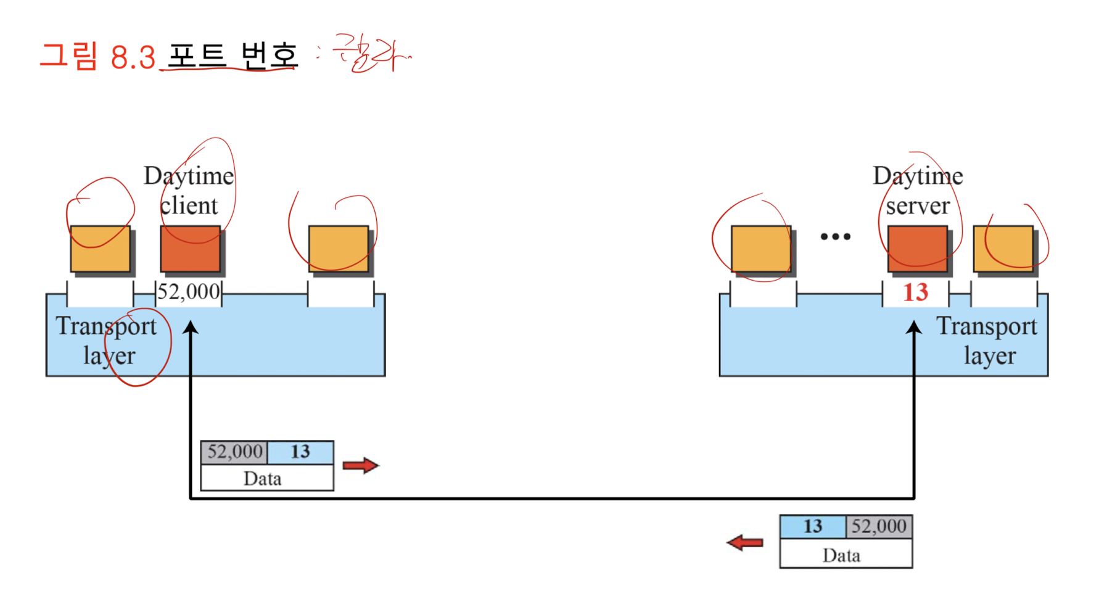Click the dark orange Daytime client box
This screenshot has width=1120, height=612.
(x=190, y=249)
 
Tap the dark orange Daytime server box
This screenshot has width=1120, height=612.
(x=917, y=249)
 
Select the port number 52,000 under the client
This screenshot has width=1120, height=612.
(x=189, y=292)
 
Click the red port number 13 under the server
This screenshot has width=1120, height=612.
(x=915, y=292)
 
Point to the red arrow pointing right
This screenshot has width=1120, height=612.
(x=361, y=465)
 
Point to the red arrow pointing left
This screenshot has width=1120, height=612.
(x=745, y=543)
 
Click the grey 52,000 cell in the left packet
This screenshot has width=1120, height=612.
(x=234, y=452)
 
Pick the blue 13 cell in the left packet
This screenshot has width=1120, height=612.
(x=300, y=452)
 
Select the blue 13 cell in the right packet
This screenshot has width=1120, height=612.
(x=812, y=527)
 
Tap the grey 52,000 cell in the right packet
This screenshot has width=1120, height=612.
(x=878, y=527)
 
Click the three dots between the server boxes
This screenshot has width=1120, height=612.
(x=836, y=236)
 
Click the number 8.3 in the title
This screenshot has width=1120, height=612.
(x=133, y=58)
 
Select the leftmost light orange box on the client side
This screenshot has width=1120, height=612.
(x=100, y=249)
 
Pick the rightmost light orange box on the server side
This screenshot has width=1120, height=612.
(x=1003, y=249)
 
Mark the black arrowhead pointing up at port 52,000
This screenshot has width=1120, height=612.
(x=191, y=328)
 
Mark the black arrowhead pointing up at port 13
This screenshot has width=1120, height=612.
(x=914, y=328)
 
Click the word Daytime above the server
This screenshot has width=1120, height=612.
(x=918, y=176)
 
